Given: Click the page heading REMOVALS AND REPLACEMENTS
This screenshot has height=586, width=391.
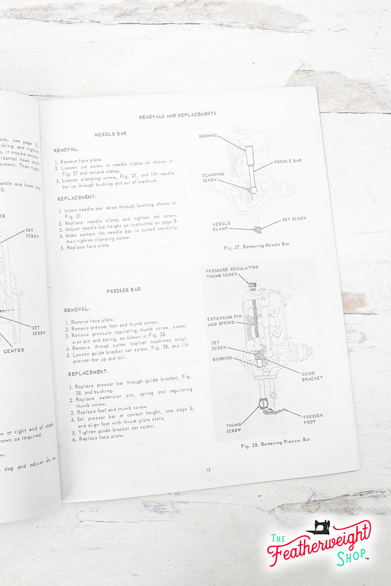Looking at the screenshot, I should pyautogui.click(x=177, y=114).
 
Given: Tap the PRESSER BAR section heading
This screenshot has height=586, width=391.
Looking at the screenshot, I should pyautogui.click(x=124, y=290).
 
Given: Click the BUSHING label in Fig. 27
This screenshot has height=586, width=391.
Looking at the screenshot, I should pyautogui.click(x=208, y=136).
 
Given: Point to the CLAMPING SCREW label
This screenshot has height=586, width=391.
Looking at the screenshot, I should pyautogui.click(x=214, y=177).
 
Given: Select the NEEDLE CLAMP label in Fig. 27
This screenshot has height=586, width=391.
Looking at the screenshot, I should pyautogui.click(x=221, y=227).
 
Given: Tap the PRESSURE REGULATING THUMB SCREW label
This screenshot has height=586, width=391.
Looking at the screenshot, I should pyautogui.click(x=232, y=272).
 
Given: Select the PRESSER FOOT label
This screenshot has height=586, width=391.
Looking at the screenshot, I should pyautogui.click(x=313, y=419).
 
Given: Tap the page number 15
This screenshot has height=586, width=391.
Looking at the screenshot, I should pyautogui.click(x=209, y=470).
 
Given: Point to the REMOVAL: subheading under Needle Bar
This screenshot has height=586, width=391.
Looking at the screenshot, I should pyautogui.click(x=66, y=150).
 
